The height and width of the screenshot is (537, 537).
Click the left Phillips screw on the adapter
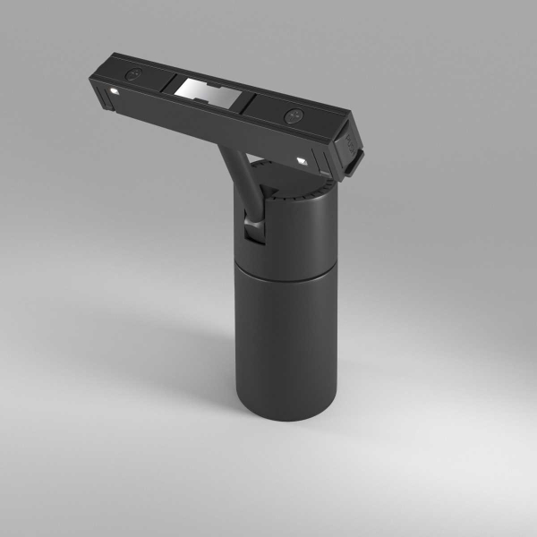[134, 74]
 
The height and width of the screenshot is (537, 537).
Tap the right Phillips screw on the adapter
[293, 115]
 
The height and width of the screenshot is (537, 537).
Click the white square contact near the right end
[303, 159]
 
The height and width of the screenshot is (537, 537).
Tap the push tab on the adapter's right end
[350, 143]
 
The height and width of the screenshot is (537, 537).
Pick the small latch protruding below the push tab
[356, 162]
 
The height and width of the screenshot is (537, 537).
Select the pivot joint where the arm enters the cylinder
[256, 229]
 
